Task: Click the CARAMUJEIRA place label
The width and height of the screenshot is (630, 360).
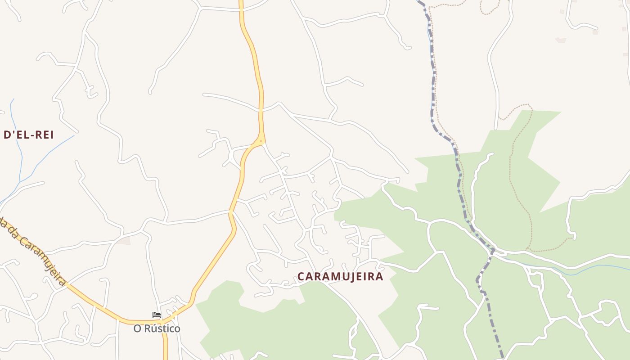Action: (340, 276)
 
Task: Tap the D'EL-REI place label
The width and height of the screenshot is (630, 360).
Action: (29, 135)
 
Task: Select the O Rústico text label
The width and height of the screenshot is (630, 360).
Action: (157, 328)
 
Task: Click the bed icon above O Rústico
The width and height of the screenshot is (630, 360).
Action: (157, 315)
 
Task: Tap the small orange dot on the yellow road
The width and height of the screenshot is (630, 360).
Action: (261, 141)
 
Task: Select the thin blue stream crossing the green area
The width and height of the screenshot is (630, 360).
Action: (585, 269)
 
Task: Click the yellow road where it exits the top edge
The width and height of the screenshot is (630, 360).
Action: (241, 2)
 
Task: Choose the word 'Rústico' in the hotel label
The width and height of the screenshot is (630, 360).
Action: (162, 328)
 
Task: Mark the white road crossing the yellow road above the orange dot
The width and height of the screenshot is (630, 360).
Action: (261, 109)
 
